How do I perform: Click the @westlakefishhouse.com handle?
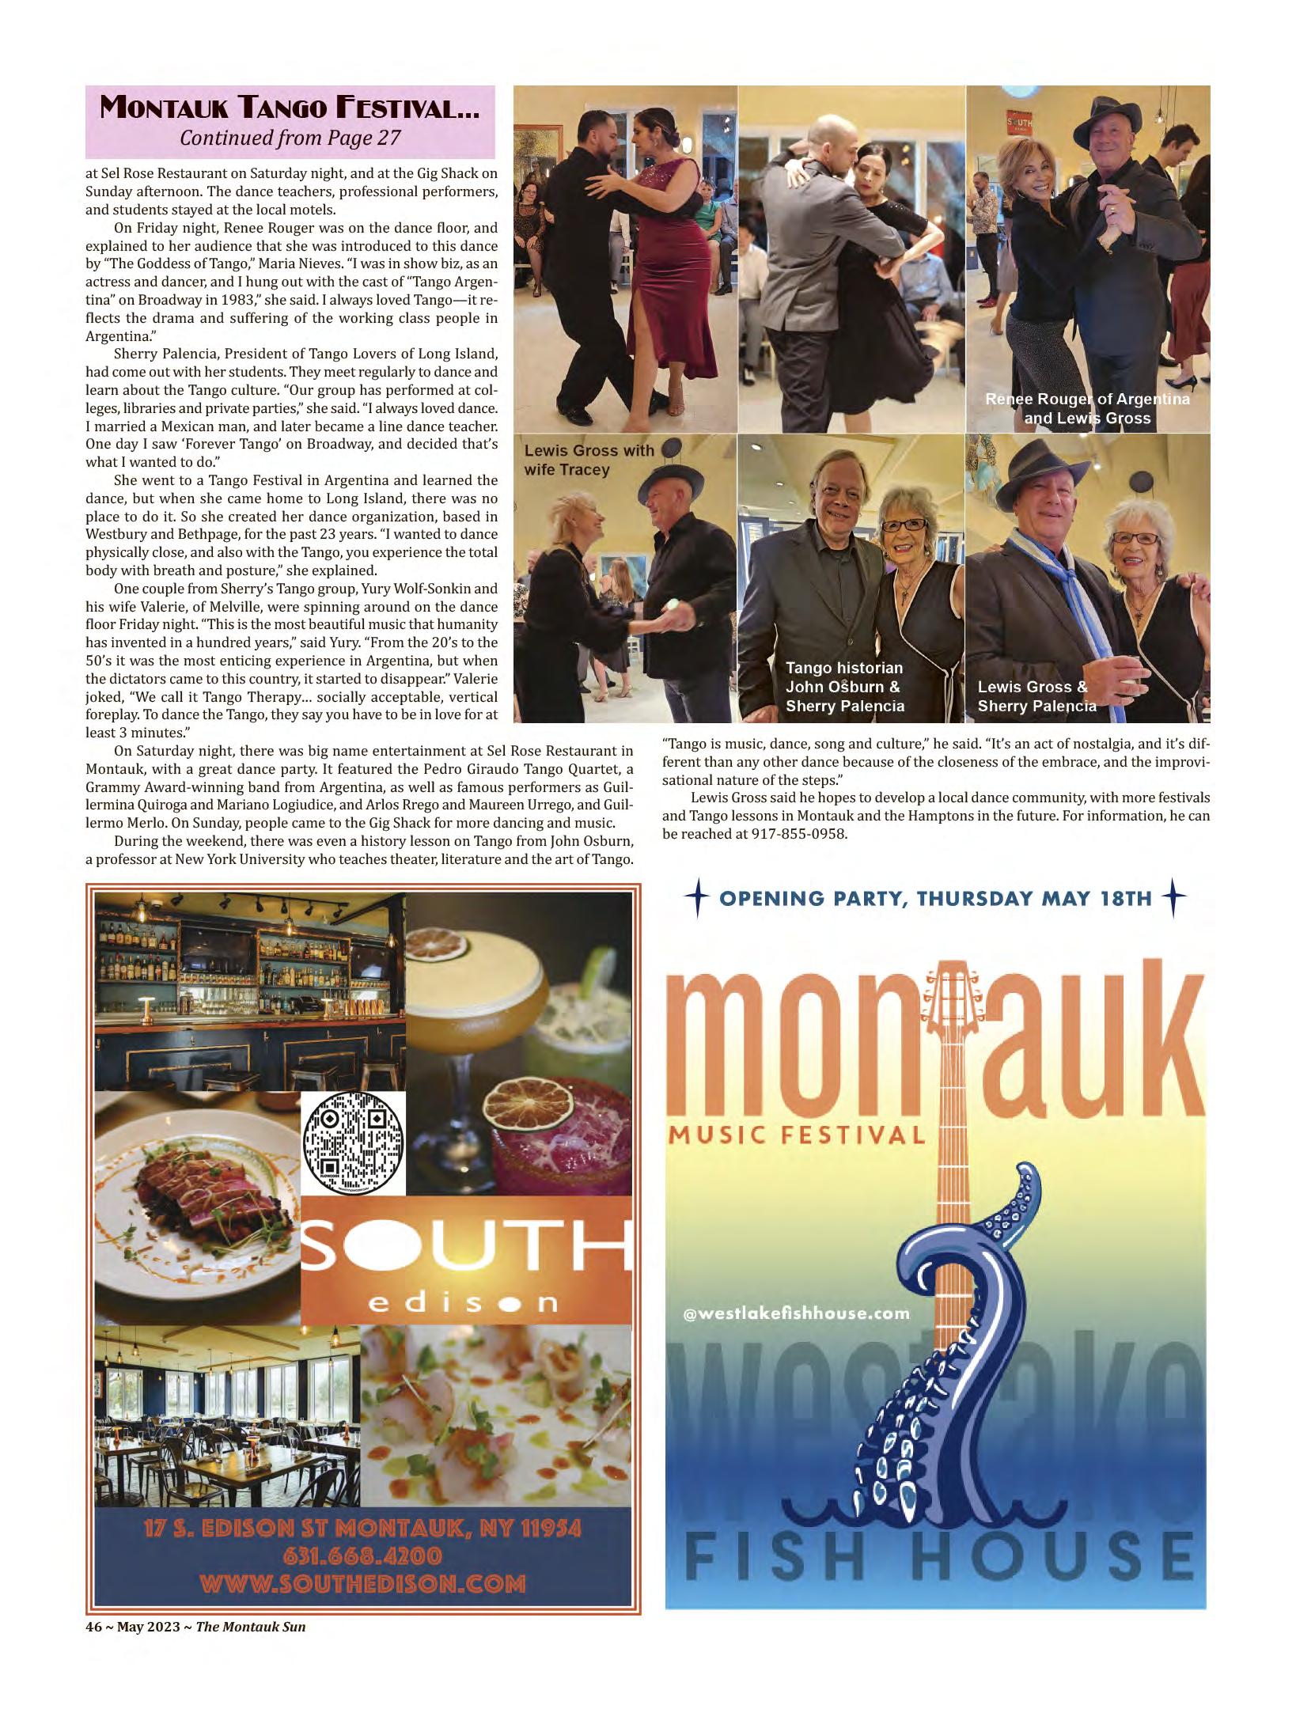(x=796, y=1313)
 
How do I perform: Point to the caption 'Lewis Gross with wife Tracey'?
(x=589, y=460)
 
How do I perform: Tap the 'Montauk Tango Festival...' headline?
(x=290, y=108)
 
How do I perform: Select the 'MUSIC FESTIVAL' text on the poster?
(x=798, y=1135)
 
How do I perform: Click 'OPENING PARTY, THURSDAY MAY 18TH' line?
(x=935, y=899)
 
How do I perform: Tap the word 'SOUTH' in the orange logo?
(x=467, y=1252)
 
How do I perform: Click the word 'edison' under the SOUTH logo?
(x=466, y=1302)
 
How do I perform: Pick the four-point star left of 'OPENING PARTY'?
(x=697, y=899)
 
